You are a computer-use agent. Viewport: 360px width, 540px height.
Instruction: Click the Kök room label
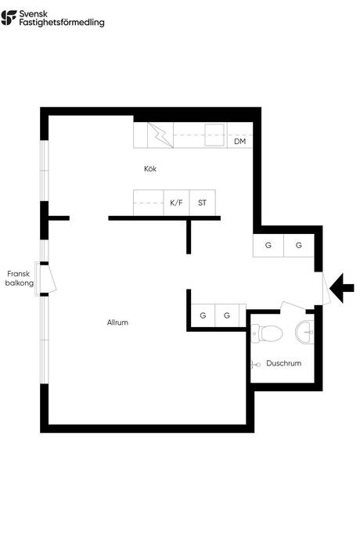pyautogui.click(x=150, y=169)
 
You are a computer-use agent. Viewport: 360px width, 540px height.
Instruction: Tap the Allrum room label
pyautogui.click(x=117, y=322)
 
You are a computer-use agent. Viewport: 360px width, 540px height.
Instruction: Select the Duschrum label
pyautogui.click(x=283, y=363)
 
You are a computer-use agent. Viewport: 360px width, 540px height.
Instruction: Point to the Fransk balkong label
pyautogui.click(x=20, y=279)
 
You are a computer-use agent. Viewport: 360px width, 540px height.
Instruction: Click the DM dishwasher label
pyautogui.click(x=239, y=141)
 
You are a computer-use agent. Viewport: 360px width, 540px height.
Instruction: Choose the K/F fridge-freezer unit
pyautogui.click(x=176, y=203)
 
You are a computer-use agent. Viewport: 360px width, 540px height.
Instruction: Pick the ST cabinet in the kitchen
pyautogui.click(x=203, y=203)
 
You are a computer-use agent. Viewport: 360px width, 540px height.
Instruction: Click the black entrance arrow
pyautogui.click(x=342, y=288)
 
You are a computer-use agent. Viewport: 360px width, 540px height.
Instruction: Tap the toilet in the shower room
pyautogui.click(x=267, y=333)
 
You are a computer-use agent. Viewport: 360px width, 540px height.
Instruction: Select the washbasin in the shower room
pyautogui.click(x=304, y=332)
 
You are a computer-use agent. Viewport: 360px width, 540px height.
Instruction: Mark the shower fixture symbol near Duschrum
pyautogui.click(x=256, y=364)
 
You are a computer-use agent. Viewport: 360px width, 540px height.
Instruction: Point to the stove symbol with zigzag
pyautogui.click(x=160, y=135)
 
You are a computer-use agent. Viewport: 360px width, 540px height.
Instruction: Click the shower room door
pyautogui.click(x=293, y=305)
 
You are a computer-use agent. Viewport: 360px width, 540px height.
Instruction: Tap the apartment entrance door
pyautogui.click(x=326, y=288)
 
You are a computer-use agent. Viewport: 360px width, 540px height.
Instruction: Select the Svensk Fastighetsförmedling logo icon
pyautogui.click(x=9, y=17)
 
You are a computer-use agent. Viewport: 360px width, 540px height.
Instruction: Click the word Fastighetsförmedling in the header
pyautogui.click(x=62, y=23)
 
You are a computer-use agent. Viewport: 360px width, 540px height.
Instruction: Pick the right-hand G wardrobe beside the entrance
pyautogui.click(x=299, y=245)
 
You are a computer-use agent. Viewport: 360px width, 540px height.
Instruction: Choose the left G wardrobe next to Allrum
pyautogui.click(x=203, y=315)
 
